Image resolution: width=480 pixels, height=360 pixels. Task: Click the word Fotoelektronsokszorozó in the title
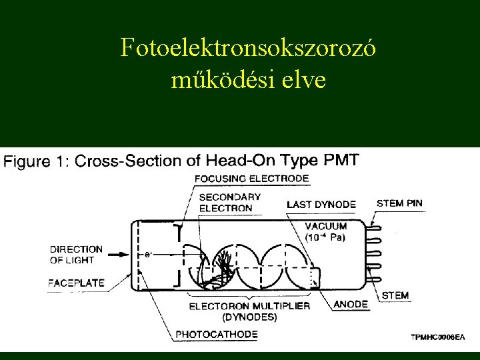249,48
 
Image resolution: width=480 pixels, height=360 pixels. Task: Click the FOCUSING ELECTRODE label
252,179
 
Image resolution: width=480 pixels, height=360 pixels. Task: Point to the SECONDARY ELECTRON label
229,203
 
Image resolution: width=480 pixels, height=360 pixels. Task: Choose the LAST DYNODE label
321,204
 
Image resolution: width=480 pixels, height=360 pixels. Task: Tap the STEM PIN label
399,203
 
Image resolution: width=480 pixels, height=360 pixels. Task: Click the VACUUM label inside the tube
326,226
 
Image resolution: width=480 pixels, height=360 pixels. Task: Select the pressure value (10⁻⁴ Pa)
325,237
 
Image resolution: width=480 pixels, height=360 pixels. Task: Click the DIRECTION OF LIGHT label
76,254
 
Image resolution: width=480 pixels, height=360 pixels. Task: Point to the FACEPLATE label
76,283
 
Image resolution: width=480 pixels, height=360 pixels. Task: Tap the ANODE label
351,304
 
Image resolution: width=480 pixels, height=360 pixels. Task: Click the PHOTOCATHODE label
216,334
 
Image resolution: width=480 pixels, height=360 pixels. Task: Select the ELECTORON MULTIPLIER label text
249,306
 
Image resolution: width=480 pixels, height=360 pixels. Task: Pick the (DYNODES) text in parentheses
250,317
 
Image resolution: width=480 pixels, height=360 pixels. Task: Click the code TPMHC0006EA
437,338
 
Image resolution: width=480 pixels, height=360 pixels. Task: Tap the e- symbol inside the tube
148,254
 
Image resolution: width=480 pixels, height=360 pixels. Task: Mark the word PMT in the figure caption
340,161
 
